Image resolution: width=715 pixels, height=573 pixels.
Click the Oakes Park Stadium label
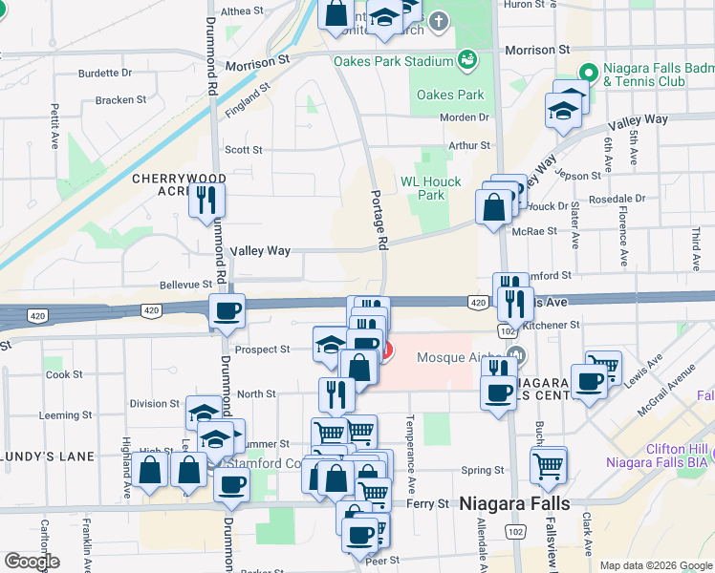[x=392, y=62]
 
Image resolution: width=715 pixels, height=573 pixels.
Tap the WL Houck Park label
[x=430, y=188]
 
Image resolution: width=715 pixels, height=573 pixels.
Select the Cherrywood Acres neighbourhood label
[x=179, y=186]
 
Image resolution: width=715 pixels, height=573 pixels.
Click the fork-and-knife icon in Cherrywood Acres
[x=207, y=200]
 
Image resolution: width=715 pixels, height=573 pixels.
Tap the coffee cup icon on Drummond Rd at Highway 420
[x=227, y=312]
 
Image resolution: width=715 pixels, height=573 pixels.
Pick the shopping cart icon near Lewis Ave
[x=602, y=367]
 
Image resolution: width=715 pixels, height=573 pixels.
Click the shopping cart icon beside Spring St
[x=549, y=465]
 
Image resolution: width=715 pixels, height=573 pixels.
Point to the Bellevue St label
[x=185, y=285]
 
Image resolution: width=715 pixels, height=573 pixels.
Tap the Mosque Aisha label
[x=458, y=358]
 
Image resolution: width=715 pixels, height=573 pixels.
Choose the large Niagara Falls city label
[x=514, y=503]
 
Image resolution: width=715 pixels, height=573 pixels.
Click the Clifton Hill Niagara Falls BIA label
[x=660, y=456]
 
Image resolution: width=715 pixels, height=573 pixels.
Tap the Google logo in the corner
[x=32, y=562]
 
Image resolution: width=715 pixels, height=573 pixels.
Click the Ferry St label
[x=427, y=503]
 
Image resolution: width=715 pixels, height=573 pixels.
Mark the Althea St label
[x=242, y=11]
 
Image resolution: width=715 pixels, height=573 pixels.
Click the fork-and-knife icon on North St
[x=336, y=392]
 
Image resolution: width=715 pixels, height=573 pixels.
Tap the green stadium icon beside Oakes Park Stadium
[x=467, y=60]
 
